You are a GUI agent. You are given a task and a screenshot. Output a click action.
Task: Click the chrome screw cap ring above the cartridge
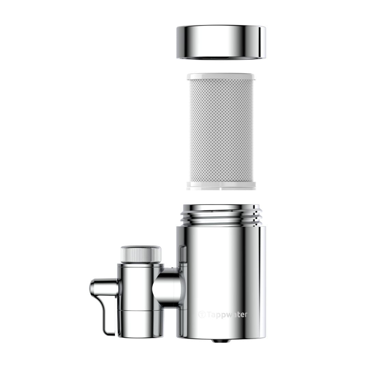(x=221, y=42)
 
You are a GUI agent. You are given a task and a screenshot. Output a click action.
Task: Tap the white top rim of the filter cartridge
(x=221, y=77)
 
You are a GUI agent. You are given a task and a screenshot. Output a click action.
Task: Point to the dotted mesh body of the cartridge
(x=221, y=131)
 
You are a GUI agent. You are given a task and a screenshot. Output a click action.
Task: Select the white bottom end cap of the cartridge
(x=221, y=186)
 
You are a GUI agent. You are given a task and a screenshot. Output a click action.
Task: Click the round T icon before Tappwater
(x=202, y=314)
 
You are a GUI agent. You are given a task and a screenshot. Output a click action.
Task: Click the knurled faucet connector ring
(x=141, y=255)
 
